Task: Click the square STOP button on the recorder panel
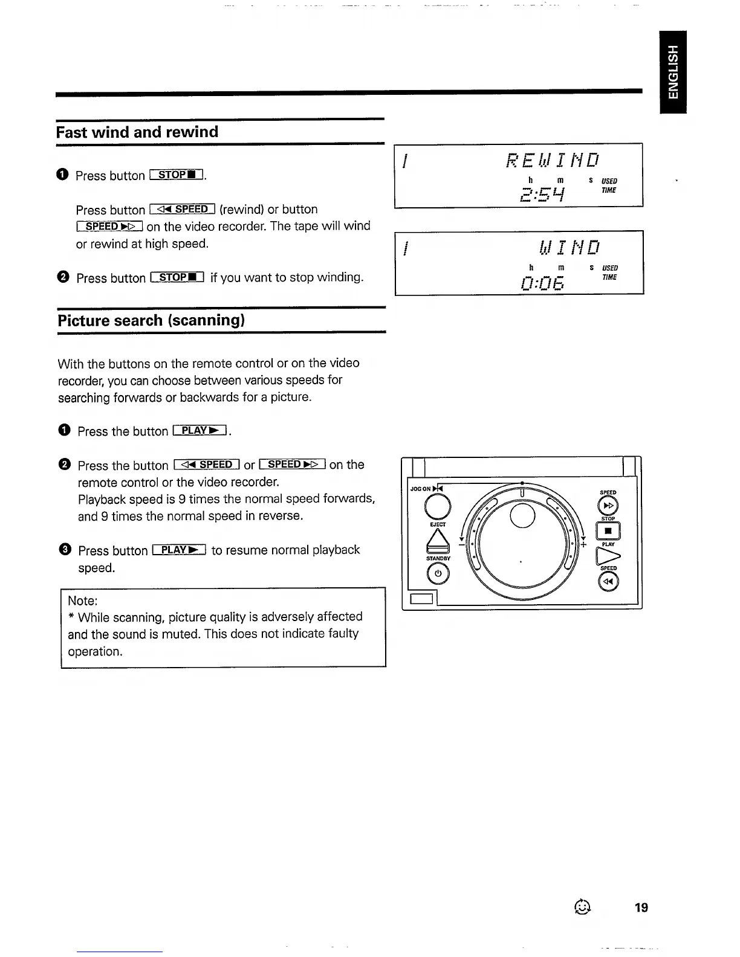click(608, 532)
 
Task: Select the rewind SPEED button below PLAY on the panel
click(608, 581)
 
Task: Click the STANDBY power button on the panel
click(438, 573)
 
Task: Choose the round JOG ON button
click(438, 506)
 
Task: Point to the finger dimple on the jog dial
click(523, 515)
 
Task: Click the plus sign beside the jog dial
click(583, 544)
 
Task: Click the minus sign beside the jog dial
click(461, 544)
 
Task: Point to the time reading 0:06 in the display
click(542, 281)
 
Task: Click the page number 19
click(641, 907)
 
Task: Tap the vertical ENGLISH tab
click(673, 71)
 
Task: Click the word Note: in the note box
click(83, 601)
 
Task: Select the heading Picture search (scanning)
click(151, 320)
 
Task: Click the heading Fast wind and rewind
click(137, 132)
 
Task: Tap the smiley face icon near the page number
click(582, 906)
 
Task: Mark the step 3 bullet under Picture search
click(65, 550)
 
